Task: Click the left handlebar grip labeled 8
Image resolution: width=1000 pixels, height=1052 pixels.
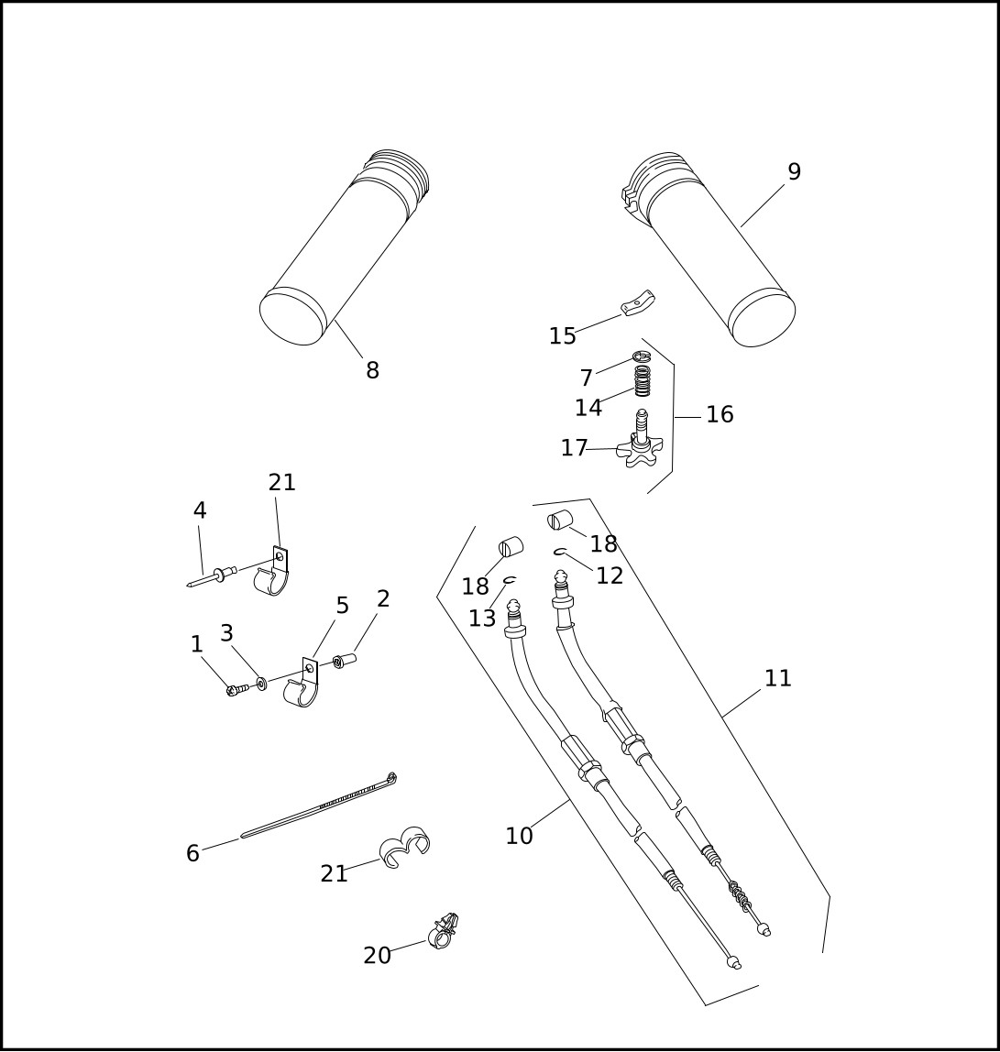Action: point(345,248)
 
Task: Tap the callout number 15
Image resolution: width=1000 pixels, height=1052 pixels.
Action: point(563,336)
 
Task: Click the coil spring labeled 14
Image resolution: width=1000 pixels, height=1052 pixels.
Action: point(643,381)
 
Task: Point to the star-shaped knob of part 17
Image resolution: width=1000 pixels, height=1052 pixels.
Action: point(641,452)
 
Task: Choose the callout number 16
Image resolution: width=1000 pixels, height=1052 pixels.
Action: point(720,414)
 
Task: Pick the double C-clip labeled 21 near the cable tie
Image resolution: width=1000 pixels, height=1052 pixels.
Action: point(405,847)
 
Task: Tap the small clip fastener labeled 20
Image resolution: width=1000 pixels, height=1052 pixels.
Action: point(443,931)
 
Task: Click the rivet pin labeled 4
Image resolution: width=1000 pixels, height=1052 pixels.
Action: point(212,576)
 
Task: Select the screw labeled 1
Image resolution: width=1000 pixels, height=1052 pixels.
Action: point(237,689)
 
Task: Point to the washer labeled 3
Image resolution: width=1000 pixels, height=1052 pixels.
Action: point(261,684)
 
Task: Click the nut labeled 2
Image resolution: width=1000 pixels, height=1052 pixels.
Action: point(345,661)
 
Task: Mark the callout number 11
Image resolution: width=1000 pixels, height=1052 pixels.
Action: point(778,678)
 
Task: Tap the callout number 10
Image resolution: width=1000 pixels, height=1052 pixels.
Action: point(519,836)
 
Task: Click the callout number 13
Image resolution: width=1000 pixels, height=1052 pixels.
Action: point(481,619)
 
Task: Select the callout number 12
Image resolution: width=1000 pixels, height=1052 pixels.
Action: point(610,575)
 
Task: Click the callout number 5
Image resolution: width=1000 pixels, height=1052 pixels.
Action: point(342,606)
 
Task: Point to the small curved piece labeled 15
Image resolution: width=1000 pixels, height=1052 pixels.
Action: point(637,302)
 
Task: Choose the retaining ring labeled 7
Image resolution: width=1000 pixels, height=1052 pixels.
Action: point(642,356)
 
